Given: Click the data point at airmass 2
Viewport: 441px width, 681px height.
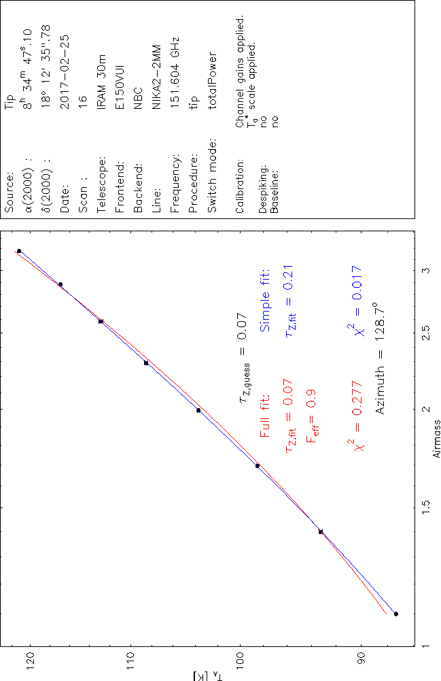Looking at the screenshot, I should [x=198, y=410].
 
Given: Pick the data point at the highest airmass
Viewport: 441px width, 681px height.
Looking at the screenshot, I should [x=19, y=251].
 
